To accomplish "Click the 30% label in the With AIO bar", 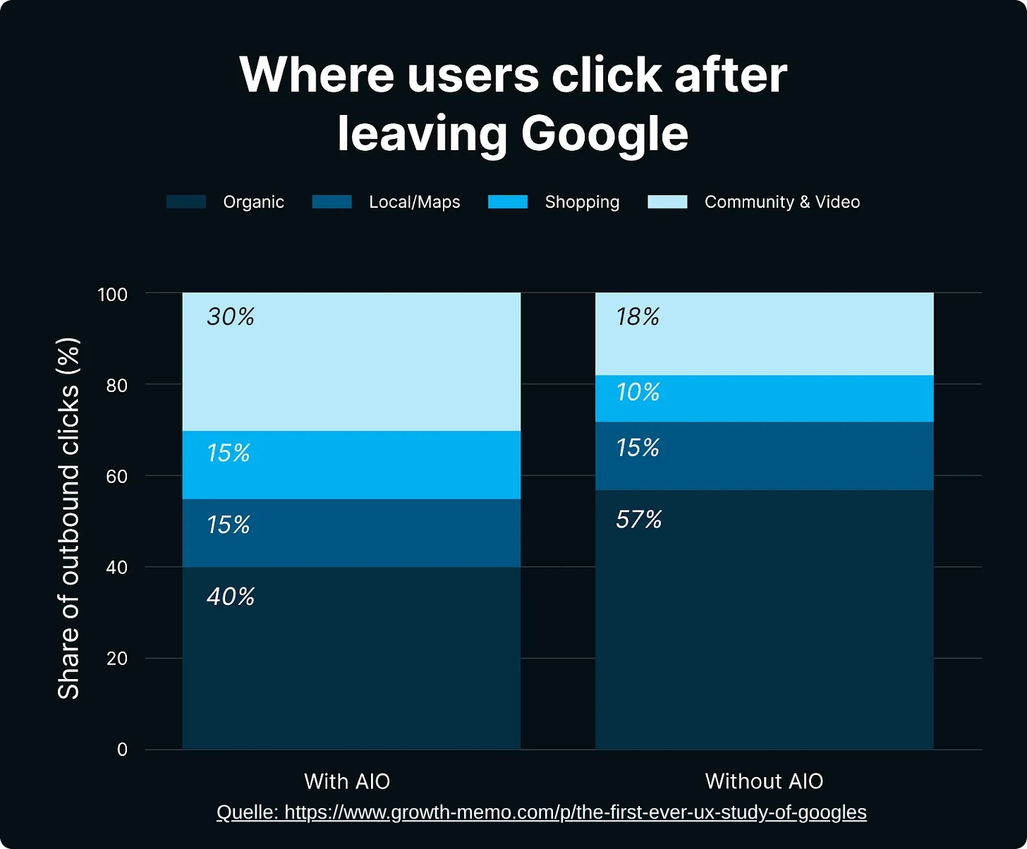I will pos(231,317).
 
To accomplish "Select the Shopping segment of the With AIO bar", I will pos(351,465).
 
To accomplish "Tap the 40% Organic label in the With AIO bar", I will pos(231,597).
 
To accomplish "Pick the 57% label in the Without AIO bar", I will pos(638,520).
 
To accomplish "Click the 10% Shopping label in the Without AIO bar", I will pos(638,392).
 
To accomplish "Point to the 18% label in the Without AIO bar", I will pos(638,317).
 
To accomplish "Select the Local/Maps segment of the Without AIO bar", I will pos(764,456).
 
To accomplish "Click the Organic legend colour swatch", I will pos(186,202).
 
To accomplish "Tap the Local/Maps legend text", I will pos(414,202).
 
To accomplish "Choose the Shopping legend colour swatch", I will pos(508,202).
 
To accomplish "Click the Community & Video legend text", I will pos(782,202).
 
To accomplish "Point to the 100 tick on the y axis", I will pos(113,294).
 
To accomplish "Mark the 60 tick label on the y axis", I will pos(116,477).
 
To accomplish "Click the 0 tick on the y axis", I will pos(122,750).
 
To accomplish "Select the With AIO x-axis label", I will pos(347,781).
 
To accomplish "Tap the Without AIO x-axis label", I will pos(764,781).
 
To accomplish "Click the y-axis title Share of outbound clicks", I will pos(68,519).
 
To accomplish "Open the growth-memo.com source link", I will pos(541,812).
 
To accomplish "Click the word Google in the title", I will pos(604,133).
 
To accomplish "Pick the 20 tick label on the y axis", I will pos(116,659).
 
